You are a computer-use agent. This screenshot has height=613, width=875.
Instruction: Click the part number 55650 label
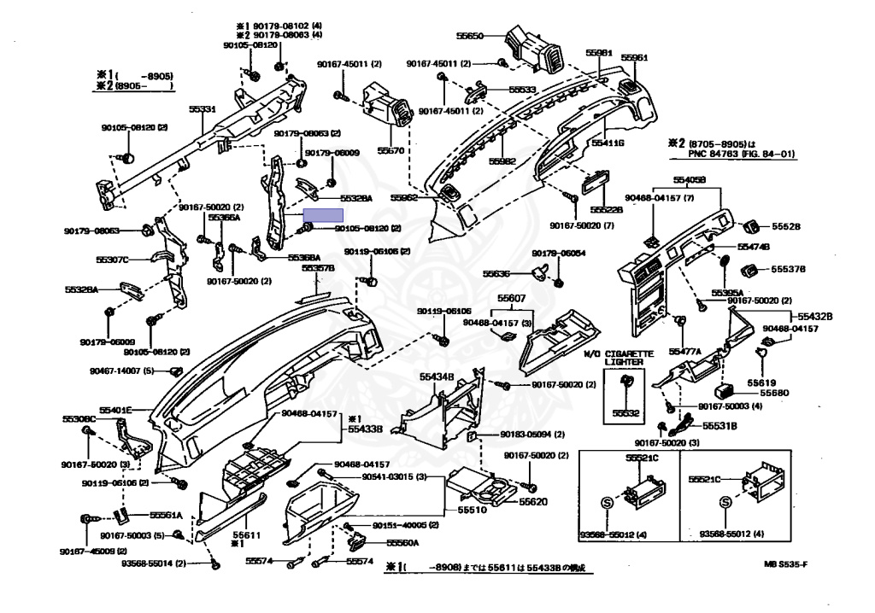(470, 37)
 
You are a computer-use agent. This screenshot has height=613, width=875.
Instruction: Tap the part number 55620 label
(533, 501)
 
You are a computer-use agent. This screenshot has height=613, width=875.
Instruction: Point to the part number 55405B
(689, 180)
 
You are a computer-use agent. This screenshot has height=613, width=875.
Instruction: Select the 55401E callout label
(115, 409)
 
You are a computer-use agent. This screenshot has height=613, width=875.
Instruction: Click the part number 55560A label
(402, 542)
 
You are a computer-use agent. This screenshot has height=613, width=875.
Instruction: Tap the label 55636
(496, 273)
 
